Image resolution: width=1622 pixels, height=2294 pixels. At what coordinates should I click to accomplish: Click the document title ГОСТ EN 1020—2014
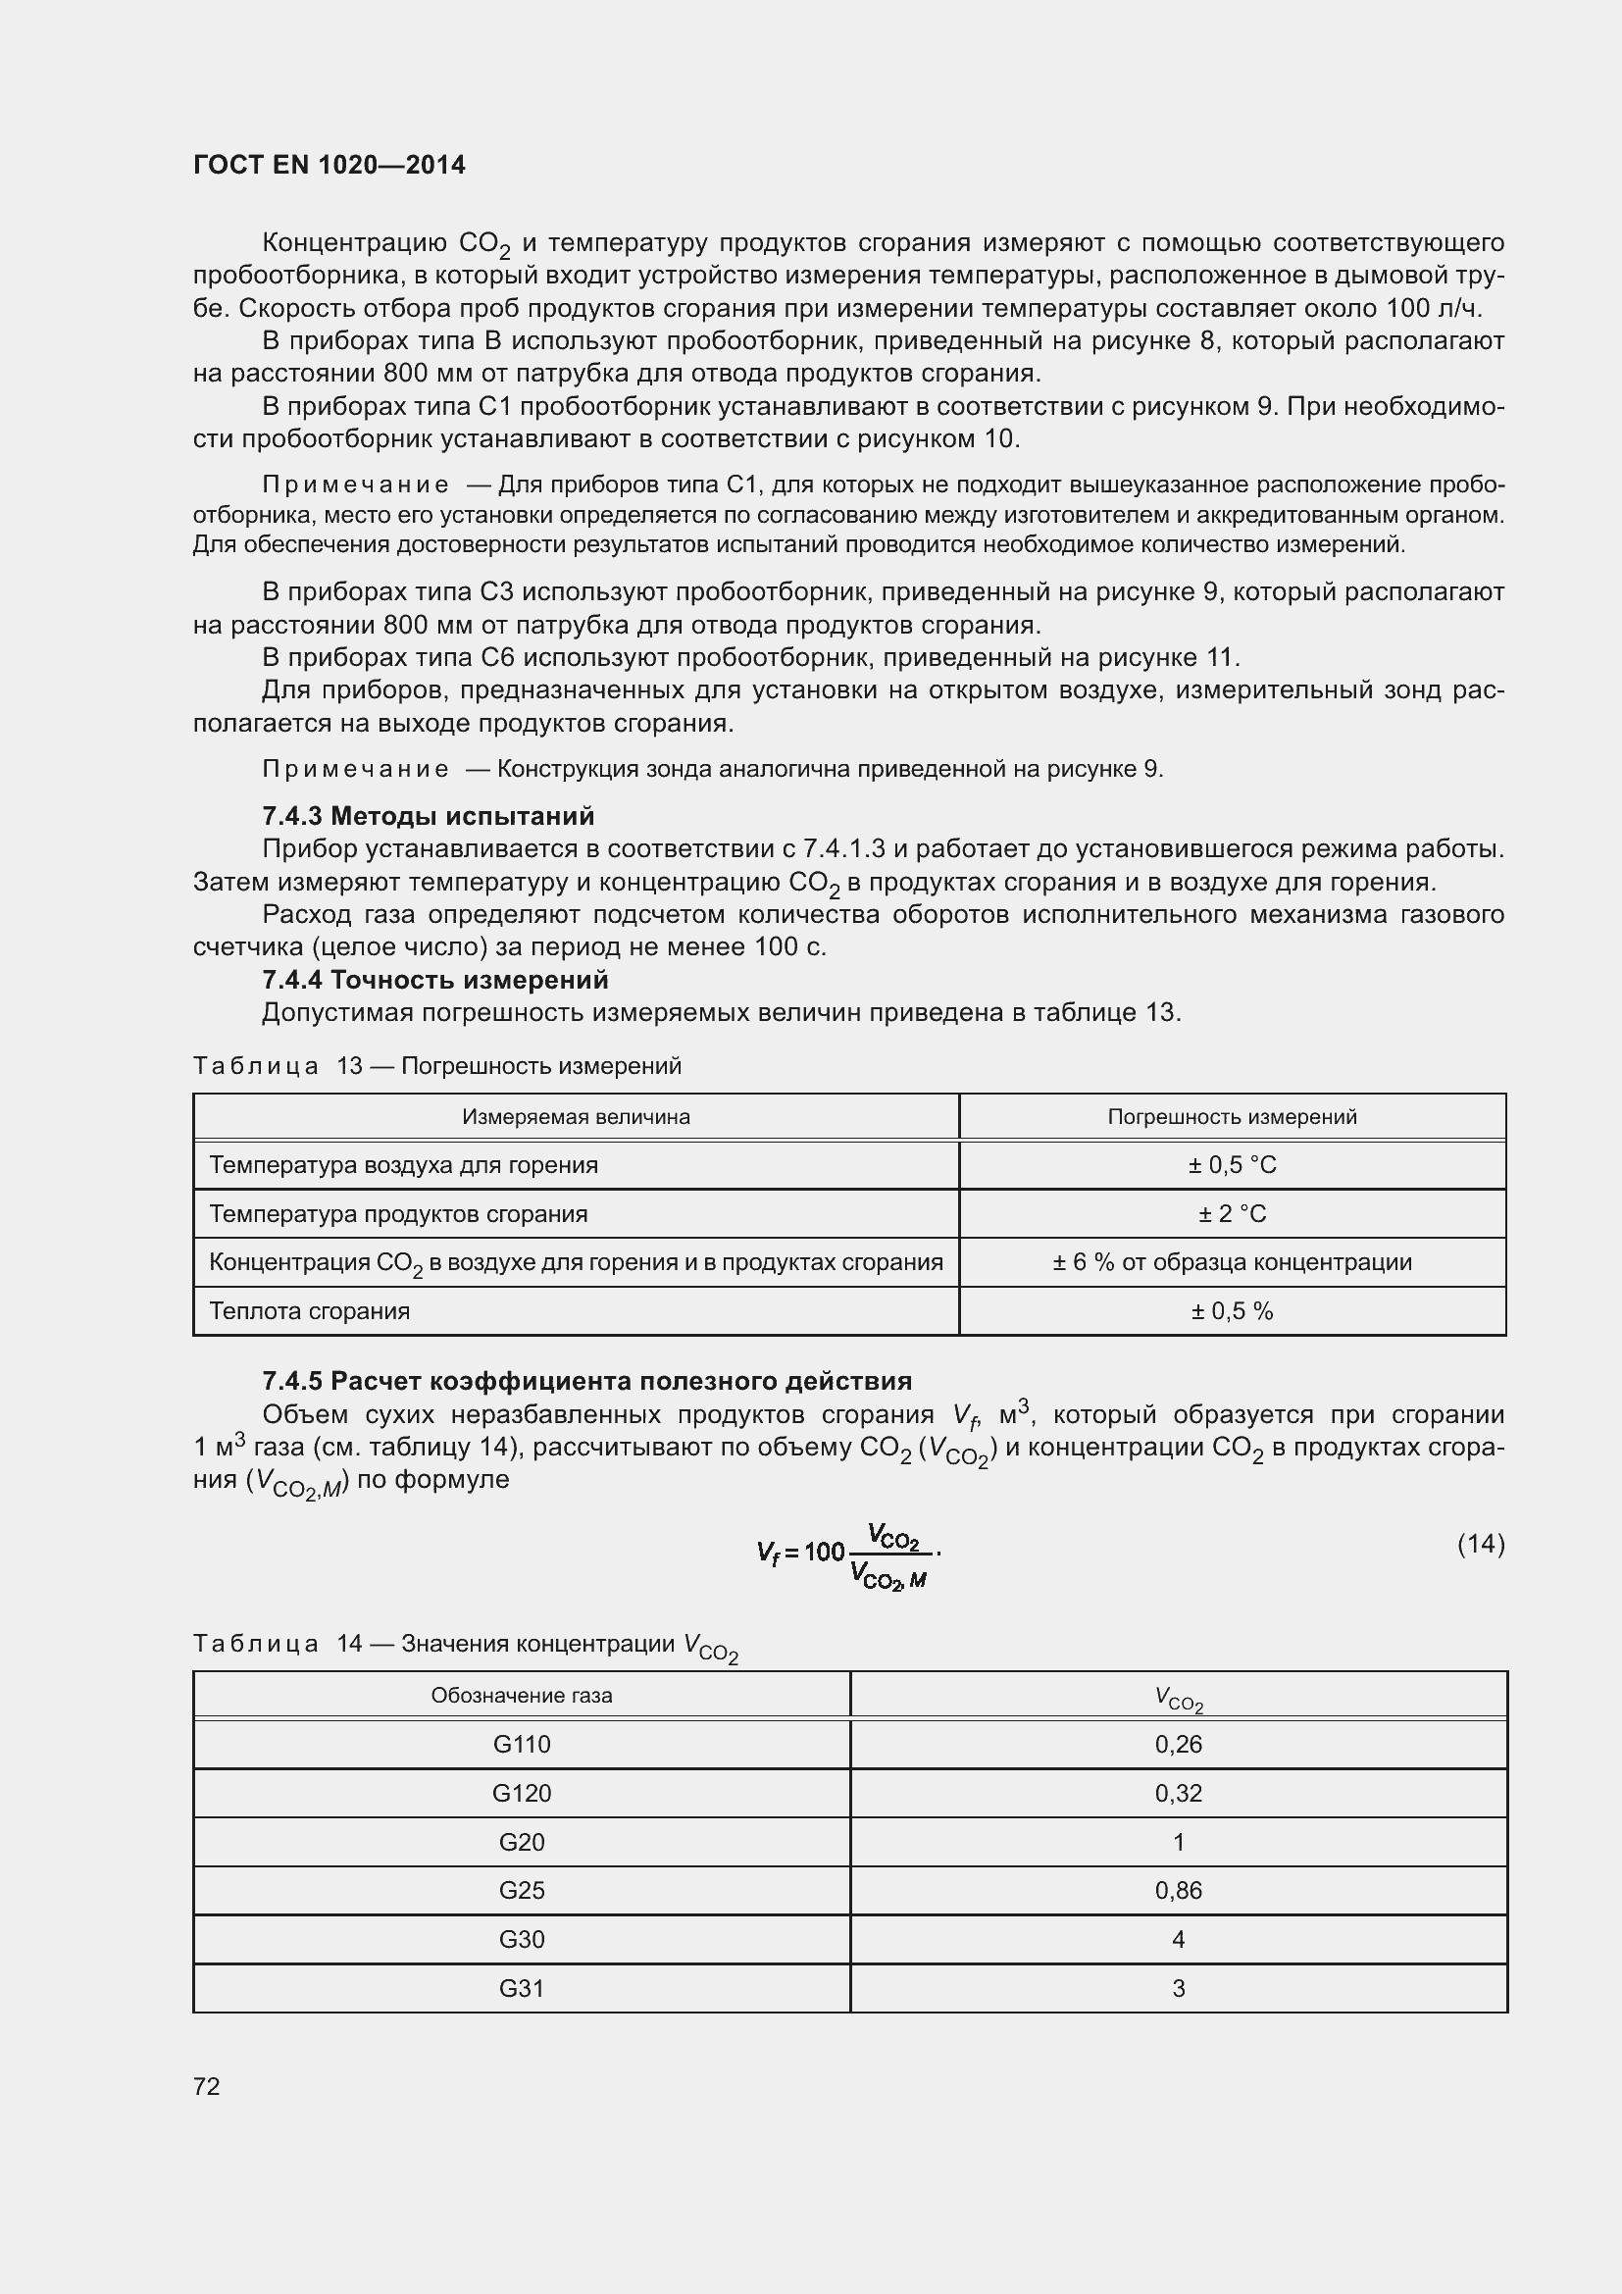tap(329, 165)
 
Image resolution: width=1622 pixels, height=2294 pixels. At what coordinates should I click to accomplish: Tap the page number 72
tap(207, 2085)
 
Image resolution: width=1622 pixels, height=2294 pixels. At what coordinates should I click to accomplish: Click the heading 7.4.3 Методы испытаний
tap(428, 815)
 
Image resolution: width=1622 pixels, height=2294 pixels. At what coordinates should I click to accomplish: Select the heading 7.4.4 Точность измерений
tap(434, 979)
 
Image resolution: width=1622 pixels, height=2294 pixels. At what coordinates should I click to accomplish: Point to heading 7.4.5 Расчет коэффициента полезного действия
tap(586, 1381)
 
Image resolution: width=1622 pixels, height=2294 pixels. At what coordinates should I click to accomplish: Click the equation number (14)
tap(1480, 1544)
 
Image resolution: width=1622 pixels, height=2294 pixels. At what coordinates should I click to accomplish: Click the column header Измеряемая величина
tap(576, 1116)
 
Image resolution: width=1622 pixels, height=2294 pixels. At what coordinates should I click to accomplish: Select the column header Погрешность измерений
tap(1232, 1116)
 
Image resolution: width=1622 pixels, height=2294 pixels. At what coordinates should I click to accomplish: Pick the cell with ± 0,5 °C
tap(1232, 1165)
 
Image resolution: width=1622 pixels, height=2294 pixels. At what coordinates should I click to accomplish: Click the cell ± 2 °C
tap(1232, 1214)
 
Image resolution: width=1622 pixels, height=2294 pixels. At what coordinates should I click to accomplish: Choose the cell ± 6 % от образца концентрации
tap(1232, 1262)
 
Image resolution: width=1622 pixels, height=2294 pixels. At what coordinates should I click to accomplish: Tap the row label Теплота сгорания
tap(310, 1311)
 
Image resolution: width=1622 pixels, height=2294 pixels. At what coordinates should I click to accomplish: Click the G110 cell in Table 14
tap(522, 1745)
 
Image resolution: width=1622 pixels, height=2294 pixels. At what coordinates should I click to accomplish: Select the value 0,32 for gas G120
tap(1178, 1794)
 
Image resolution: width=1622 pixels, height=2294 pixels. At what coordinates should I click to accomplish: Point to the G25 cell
tap(522, 1890)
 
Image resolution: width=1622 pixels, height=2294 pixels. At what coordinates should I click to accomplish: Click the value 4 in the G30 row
tap(1178, 1939)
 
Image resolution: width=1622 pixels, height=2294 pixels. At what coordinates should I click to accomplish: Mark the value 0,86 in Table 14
tap(1178, 1890)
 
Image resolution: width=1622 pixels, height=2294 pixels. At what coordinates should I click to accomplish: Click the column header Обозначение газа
tap(522, 1696)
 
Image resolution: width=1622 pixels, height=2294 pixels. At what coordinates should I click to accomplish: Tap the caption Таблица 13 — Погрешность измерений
tap(436, 1066)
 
